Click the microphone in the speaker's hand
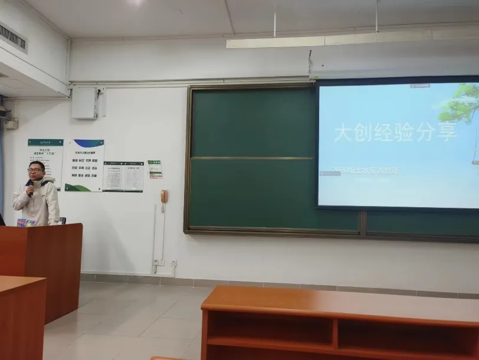[30, 190]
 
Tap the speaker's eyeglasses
[35, 171]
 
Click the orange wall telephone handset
[164, 197]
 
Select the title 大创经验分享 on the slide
[395, 133]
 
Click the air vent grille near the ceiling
[12, 37]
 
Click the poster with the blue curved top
[84, 165]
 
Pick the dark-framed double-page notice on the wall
[123, 176]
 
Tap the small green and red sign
[155, 169]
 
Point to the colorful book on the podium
[26, 222]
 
